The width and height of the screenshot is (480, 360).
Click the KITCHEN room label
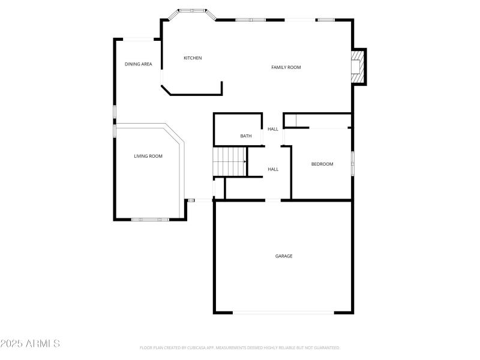pos(193,58)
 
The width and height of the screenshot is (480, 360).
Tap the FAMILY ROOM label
pos(286,67)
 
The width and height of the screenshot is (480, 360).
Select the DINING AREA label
pos(138,64)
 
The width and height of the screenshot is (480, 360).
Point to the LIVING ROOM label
pos(148,156)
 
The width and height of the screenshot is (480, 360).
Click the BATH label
pos(246,136)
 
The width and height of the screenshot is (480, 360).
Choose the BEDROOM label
pos(322,164)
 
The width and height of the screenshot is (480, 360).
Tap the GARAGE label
pos(284,256)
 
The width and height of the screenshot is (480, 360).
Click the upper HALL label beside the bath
pos(273,129)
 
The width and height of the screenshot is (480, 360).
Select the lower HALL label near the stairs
pos(273,169)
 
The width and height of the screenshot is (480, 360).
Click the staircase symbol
pos(230,161)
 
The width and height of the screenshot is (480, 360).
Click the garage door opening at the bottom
pos(283,312)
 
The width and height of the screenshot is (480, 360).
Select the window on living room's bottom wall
pos(149,220)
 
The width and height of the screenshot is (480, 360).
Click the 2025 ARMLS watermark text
pos(30,344)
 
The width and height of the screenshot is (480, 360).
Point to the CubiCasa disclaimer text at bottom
pos(240,347)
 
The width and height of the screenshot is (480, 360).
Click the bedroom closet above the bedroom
pos(318,120)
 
